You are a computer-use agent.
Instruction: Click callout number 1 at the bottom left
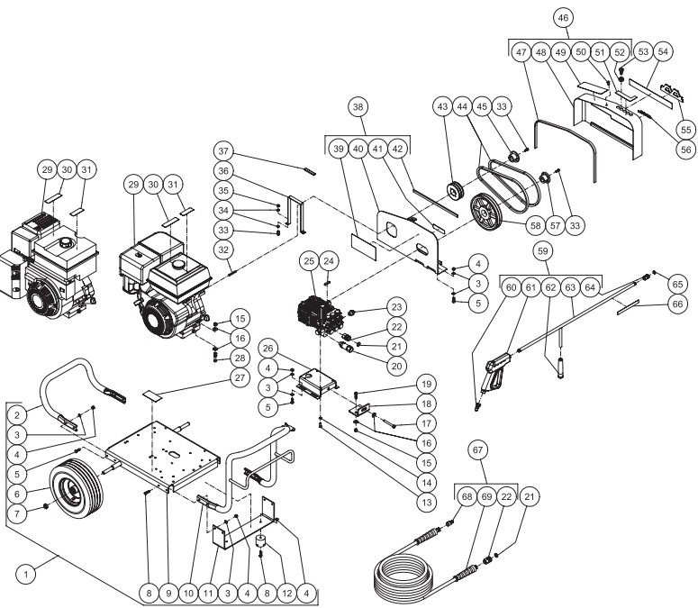tap(29, 572)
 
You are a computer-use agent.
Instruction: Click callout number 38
tap(359, 107)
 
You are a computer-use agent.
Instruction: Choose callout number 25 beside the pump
tap(309, 262)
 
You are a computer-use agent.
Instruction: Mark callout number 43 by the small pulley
tap(443, 107)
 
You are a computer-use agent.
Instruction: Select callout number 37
tap(224, 149)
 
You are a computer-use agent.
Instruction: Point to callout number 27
tap(240, 378)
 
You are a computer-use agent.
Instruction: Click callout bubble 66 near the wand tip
tap(678, 304)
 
